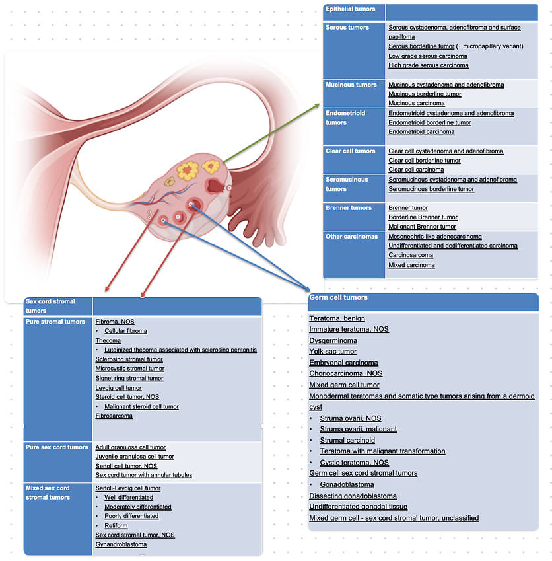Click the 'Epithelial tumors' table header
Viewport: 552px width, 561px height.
point(351,9)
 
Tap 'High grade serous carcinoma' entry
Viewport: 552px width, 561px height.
point(428,65)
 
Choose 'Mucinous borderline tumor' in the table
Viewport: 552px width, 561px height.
point(425,94)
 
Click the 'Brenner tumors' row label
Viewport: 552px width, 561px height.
point(348,208)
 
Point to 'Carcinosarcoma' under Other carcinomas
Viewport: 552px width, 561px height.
point(411,255)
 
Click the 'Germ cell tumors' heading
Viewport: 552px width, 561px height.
point(338,298)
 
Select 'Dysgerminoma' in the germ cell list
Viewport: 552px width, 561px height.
point(333,341)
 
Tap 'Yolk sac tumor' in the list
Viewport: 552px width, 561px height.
point(333,352)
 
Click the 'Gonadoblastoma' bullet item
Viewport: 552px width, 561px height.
point(347,485)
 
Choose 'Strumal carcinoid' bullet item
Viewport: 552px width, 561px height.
point(347,441)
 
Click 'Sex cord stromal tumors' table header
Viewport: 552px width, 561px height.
point(50,306)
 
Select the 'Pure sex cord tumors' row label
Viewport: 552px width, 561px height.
point(57,447)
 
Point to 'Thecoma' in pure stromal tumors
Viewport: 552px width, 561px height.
point(108,341)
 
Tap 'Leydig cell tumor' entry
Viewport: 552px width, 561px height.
point(118,388)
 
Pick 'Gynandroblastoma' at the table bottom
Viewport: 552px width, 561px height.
point(121,544)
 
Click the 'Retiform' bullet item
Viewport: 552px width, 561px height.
point(116,526)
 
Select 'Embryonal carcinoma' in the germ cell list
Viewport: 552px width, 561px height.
point(343,363)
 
